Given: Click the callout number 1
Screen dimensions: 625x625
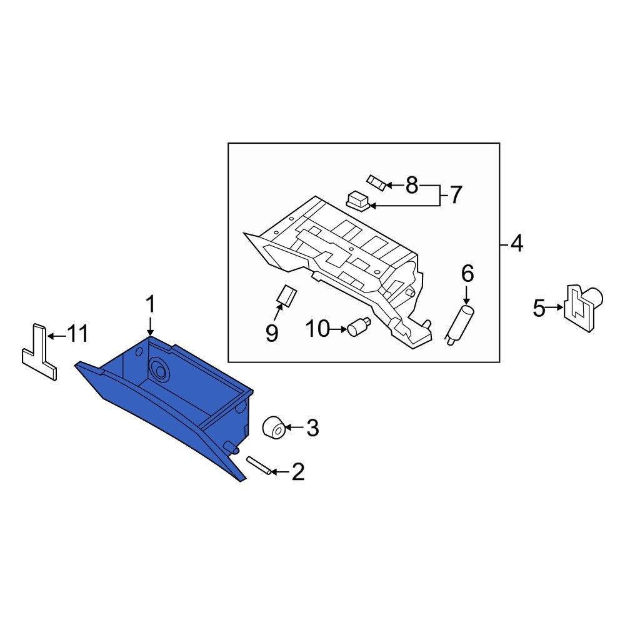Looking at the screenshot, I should click(x=150, y=305).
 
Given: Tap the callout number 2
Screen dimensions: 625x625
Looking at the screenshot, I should click(x=297, y=472).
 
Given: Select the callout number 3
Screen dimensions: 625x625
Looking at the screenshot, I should click(x=312, y=428).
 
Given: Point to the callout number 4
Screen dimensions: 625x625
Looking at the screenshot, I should click(x=516, y=243).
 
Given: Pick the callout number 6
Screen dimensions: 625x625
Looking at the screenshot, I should click(x=467, y=273).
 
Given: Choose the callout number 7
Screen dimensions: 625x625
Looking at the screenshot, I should click(x=455, y=195).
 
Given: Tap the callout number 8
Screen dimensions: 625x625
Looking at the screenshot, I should click(x=411, y=184).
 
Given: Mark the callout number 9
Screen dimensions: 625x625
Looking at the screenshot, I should click(x=272, y=332).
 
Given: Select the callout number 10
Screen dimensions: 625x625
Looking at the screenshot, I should click(x=317, y=328).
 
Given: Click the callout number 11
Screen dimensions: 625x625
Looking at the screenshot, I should click(x=77, y=335).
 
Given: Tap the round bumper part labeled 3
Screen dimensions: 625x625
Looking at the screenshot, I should click(x=274, y=428).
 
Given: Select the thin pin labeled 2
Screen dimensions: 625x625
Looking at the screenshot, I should click(x=260, y=466).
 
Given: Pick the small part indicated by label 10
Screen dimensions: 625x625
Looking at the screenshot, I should click(x=359, y=325).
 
